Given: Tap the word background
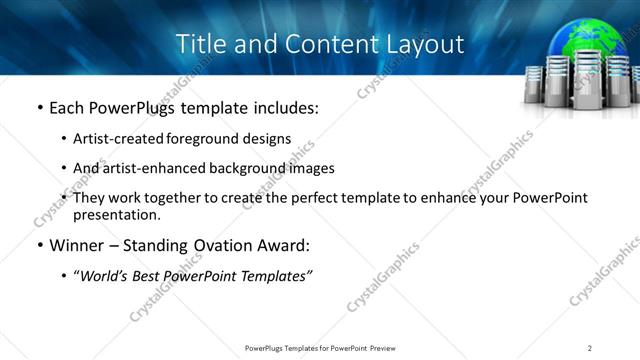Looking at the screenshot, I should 255,168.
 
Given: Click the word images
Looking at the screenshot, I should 311,168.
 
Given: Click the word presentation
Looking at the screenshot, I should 116,214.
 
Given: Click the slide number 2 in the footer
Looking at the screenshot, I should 590,347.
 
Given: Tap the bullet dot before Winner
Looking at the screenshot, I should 39,245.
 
